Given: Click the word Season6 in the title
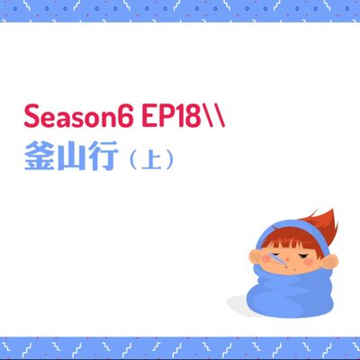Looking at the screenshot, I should (x=75, y=118).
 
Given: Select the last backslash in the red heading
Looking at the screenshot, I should (x=217, y=118).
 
